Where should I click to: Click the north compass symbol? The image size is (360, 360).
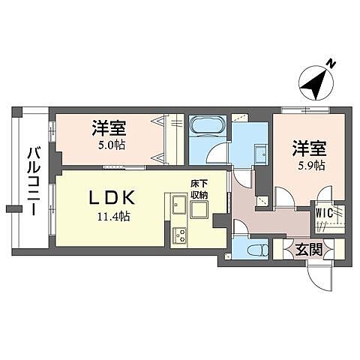(314, 83)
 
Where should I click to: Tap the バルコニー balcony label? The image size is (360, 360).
(33, 180)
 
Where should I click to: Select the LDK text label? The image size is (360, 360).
(112, 198)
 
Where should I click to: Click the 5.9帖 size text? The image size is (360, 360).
(309, 165)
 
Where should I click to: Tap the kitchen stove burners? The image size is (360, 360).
(180, 235)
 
